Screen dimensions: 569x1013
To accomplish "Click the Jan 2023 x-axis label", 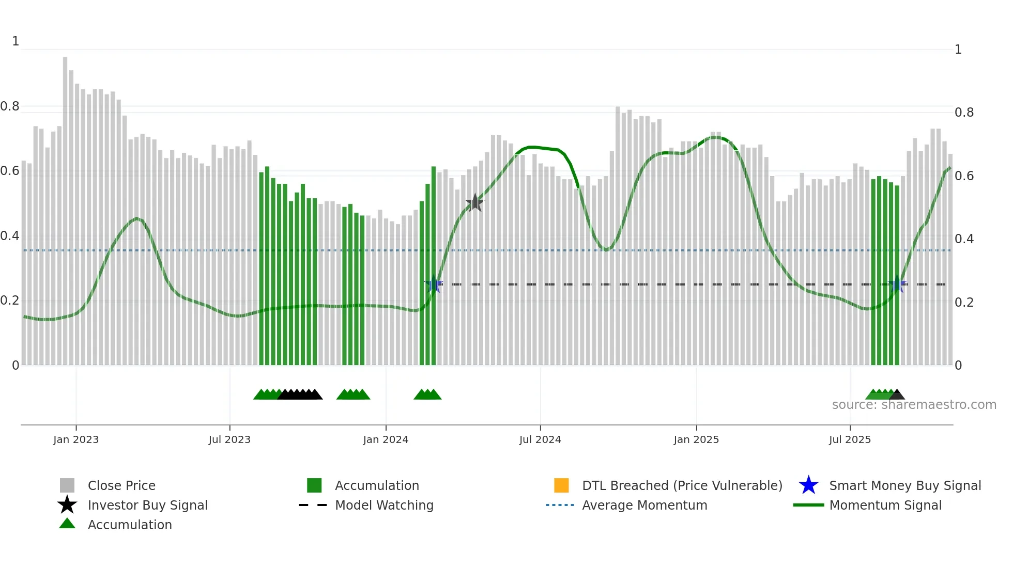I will coord(75,439).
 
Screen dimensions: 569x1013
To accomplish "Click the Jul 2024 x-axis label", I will coord(540,439).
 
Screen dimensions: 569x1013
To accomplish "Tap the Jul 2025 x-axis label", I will coord(849,439).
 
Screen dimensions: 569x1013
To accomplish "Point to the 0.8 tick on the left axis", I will coord(10,106).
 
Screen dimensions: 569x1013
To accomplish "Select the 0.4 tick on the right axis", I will coord(964,239).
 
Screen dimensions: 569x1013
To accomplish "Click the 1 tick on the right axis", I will coord(958,50).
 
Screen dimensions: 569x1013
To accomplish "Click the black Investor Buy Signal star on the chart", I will coord(474,203).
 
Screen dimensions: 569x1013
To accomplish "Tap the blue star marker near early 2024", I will coord(434,284).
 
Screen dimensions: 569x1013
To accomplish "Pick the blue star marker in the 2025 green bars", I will coord(897,284).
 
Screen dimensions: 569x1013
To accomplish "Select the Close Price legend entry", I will coord(121,485).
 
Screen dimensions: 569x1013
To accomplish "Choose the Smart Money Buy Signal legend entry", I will coord(904,485).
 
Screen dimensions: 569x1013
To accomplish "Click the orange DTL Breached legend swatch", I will coord(561,485).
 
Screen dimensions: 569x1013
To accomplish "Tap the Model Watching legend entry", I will coord(383,505).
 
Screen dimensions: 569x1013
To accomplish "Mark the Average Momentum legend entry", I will coord(644,505).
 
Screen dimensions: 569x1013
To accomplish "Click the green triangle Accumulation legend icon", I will coord(67,524).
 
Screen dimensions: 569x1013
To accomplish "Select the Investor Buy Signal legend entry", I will coord(147,505).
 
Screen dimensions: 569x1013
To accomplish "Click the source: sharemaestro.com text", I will coord(914,405).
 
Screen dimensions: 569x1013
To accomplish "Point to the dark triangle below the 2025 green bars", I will coord(897,395).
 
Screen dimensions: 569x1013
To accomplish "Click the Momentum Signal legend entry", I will coord(885,505).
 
